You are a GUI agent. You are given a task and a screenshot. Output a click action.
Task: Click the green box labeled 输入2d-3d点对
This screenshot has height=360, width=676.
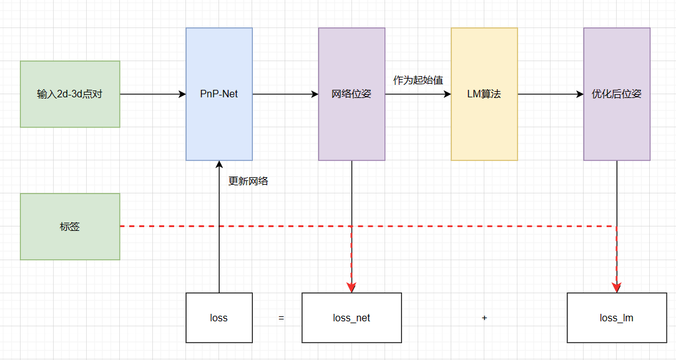70,94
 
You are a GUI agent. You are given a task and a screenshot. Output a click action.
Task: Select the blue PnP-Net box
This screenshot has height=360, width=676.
219,94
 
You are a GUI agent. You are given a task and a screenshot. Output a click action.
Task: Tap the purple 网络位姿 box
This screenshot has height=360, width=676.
351,94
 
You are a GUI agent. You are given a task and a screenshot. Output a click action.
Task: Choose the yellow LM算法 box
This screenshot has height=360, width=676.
484,94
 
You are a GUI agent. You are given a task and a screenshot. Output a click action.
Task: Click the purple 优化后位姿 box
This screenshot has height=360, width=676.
617,94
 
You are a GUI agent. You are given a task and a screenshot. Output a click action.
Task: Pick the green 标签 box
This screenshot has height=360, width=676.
70,226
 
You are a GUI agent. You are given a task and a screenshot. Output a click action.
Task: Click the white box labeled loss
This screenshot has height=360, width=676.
219,318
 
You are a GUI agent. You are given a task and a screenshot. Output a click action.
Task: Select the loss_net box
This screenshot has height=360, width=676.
351,318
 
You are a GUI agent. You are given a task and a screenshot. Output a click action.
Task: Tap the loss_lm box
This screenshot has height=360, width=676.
617,318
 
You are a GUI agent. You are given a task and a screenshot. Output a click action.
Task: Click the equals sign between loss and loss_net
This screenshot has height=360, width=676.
282,318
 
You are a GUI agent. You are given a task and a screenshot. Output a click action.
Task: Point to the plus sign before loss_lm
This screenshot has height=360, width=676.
484,318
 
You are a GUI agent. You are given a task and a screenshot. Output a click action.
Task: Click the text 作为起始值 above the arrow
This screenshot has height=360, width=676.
418,80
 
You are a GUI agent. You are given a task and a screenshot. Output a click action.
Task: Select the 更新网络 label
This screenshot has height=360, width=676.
248,182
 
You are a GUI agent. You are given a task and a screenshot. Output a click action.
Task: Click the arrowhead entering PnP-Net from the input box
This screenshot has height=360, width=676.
182,94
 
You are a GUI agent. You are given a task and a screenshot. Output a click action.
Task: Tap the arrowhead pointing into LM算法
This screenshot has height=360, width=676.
447,94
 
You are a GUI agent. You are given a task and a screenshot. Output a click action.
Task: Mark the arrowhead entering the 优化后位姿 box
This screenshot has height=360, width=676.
580,94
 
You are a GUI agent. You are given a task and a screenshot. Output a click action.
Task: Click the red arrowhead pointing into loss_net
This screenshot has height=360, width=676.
351,288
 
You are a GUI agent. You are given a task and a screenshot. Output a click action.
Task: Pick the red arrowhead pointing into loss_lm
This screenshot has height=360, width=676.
617,288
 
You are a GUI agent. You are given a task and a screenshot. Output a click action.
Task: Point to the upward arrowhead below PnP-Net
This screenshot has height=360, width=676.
219,165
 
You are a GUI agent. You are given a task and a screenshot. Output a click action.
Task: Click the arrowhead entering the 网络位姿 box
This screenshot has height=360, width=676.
315,94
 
